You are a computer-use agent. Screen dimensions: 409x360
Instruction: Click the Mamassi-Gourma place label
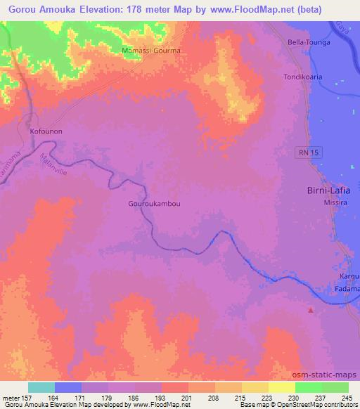[152, 51]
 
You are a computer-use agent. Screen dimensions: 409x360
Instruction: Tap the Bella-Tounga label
[308, 42]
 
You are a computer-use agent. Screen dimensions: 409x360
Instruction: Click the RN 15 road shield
[304, 152]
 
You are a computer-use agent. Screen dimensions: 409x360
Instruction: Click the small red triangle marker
[311, 309]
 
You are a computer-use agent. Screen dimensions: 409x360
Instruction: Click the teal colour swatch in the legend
[41, 388]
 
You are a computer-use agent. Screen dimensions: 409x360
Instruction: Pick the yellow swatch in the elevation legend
[281, 388]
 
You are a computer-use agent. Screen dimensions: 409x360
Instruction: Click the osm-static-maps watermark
[330, 375]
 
